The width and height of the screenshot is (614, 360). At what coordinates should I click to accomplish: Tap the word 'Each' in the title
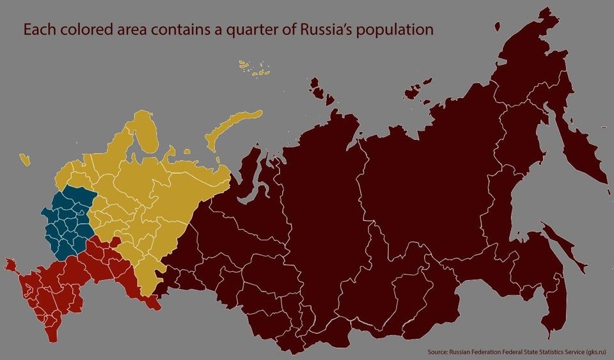point(38,29)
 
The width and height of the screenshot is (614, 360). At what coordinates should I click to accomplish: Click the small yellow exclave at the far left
point(25,159)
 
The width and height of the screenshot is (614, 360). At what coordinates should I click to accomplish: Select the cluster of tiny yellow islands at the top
point(254,68)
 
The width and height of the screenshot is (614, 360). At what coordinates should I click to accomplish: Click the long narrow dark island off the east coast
point(563,246)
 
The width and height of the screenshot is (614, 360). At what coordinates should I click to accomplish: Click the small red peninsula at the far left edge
point(10,263)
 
